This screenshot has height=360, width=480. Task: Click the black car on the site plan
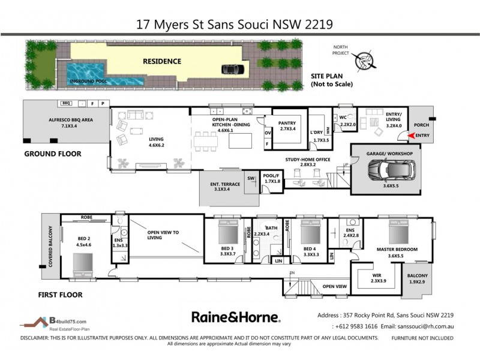click(x=230, y=68)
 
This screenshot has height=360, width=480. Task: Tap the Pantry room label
click(x=287, y=124)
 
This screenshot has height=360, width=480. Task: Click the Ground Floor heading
click(x=52, y=154)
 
